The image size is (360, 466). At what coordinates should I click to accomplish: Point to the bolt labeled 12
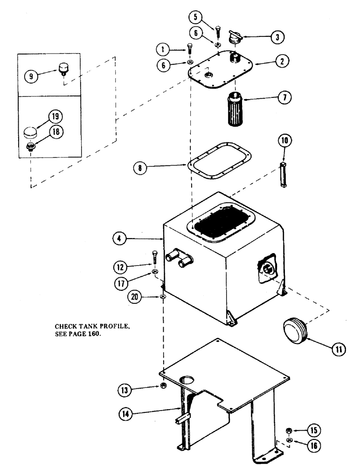(x=154, y=259)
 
